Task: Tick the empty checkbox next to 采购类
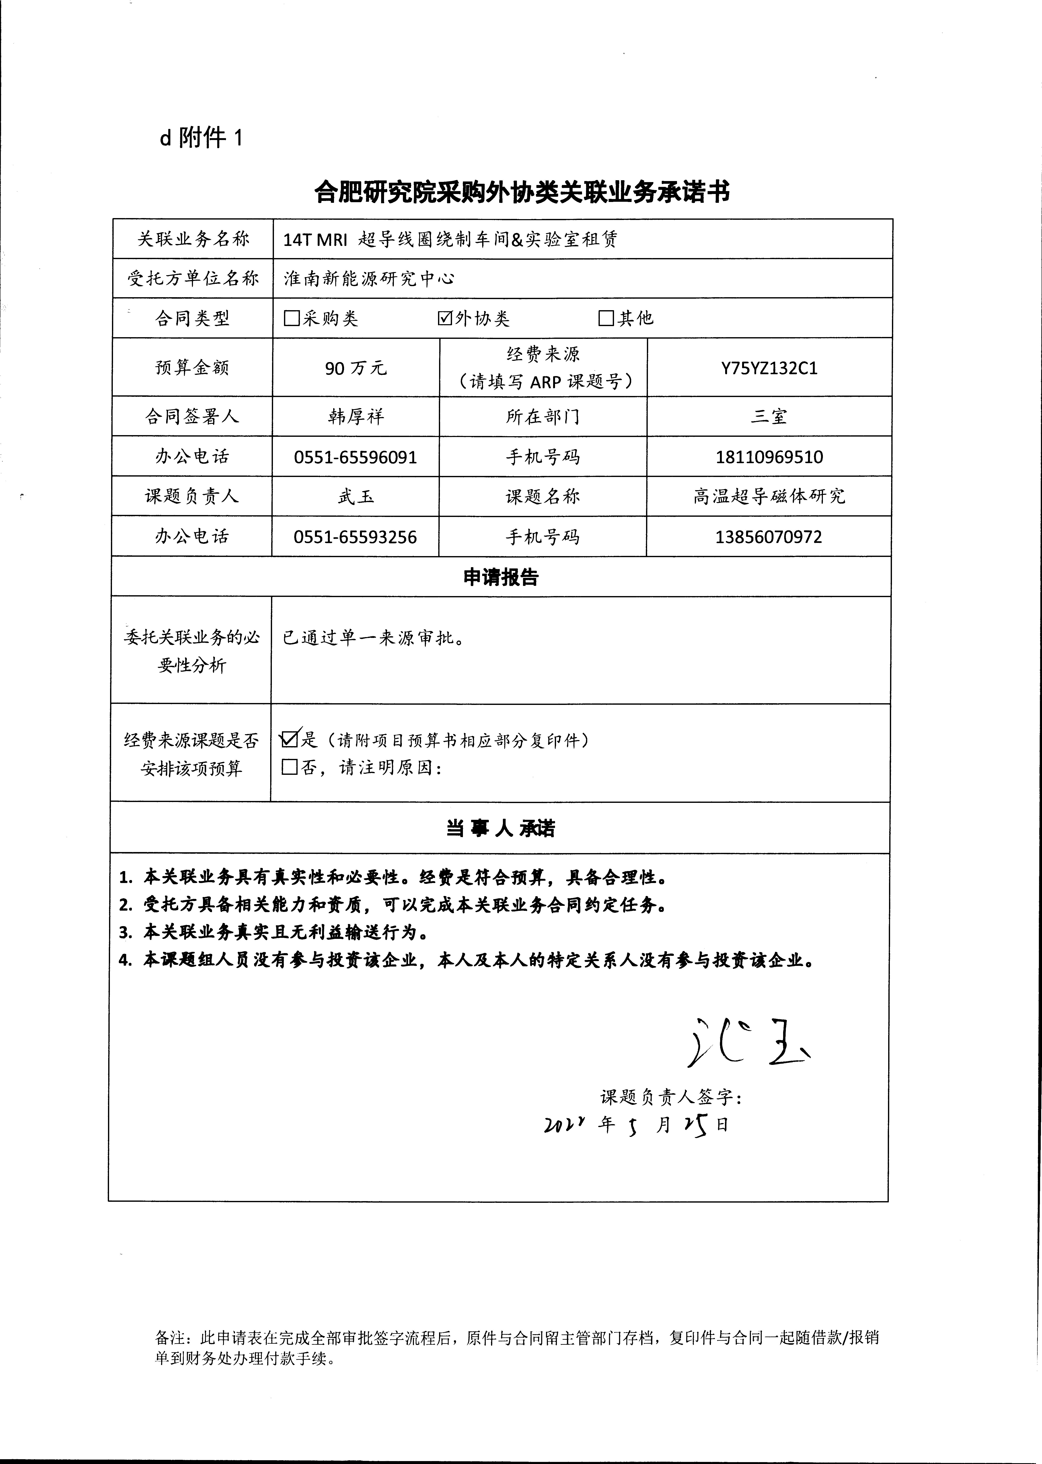[292, 318]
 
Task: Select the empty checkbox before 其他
[606, 318]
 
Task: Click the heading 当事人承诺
[500, 828]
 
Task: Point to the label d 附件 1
[202, 138]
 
